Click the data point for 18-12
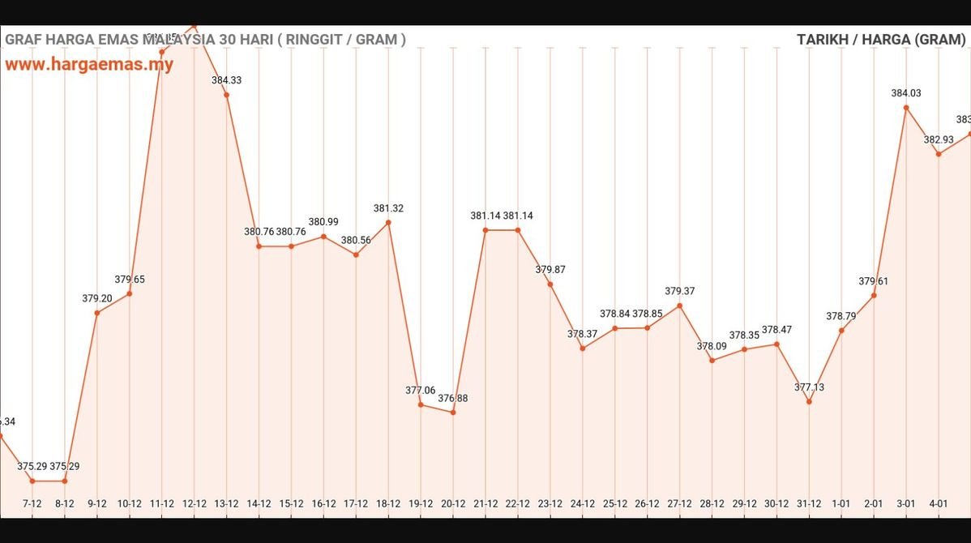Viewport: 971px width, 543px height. (x=388, y=222)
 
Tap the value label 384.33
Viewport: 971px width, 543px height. (x=226, y=80)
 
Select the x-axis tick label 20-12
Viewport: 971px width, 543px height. (x=453, y=503)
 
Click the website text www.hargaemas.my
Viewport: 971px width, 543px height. (x=89, y=65)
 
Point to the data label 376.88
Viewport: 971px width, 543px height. (x=453, y=399)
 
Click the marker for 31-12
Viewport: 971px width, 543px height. (x=809, y=402)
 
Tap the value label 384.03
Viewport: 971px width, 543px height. (x=906, y=93)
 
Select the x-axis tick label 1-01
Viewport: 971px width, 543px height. (x=841, y=503)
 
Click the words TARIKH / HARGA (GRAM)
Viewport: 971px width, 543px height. (x=881, y=39)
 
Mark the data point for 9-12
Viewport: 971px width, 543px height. (x=97, y=313)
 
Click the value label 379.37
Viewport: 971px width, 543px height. (x=680, y=291)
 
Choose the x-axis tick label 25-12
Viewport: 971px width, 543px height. (x=615, y=503)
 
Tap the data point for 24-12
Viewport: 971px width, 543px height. (x=583, y=348)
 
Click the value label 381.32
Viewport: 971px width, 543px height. (x=388, y=208)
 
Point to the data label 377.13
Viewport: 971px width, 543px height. (x=809, y=387)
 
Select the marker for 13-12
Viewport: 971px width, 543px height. (x=226, y=95)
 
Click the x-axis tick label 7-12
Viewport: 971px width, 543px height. (x=32, y=503)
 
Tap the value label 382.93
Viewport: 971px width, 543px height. (x=939, y=139)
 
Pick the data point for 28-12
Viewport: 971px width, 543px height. (x=712, y=361)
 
